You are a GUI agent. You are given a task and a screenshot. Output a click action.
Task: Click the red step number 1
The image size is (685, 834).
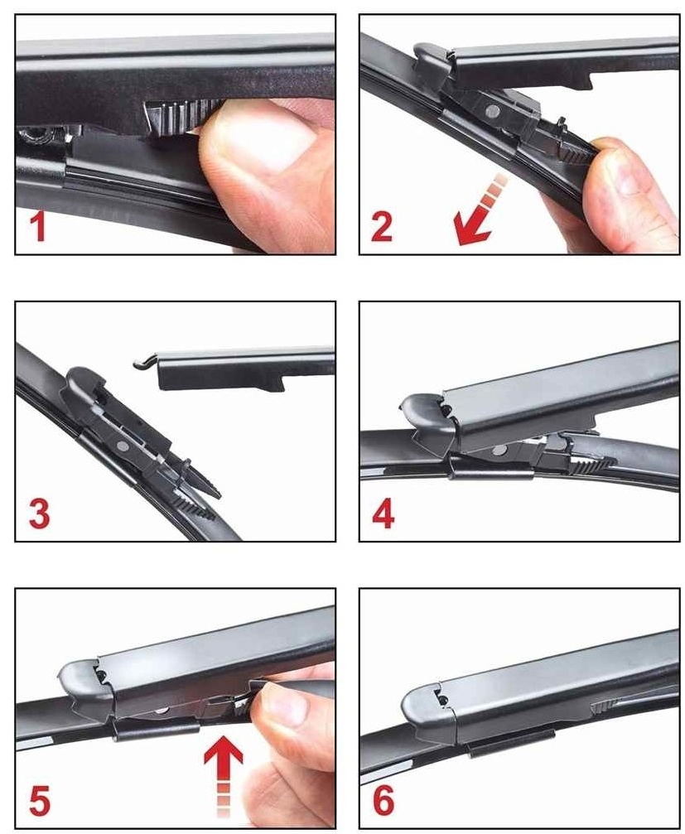coord(37,227)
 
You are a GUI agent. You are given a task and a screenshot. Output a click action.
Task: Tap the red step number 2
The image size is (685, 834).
coord(382,227)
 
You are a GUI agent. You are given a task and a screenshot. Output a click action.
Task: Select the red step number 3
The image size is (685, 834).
coord(40,513)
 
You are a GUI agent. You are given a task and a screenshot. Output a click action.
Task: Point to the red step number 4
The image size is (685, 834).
coord(384,513)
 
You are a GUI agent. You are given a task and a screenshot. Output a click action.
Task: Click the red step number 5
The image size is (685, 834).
coord(40,801)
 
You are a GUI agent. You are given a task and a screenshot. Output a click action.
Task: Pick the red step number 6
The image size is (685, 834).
coord(384,800)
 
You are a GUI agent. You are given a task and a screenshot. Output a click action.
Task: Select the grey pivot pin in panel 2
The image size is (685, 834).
coord(493,112)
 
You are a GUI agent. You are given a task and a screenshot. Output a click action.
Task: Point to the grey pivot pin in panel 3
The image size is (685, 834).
coord(123,446)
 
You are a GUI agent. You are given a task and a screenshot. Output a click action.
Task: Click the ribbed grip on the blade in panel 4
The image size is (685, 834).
coord(591,465)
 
